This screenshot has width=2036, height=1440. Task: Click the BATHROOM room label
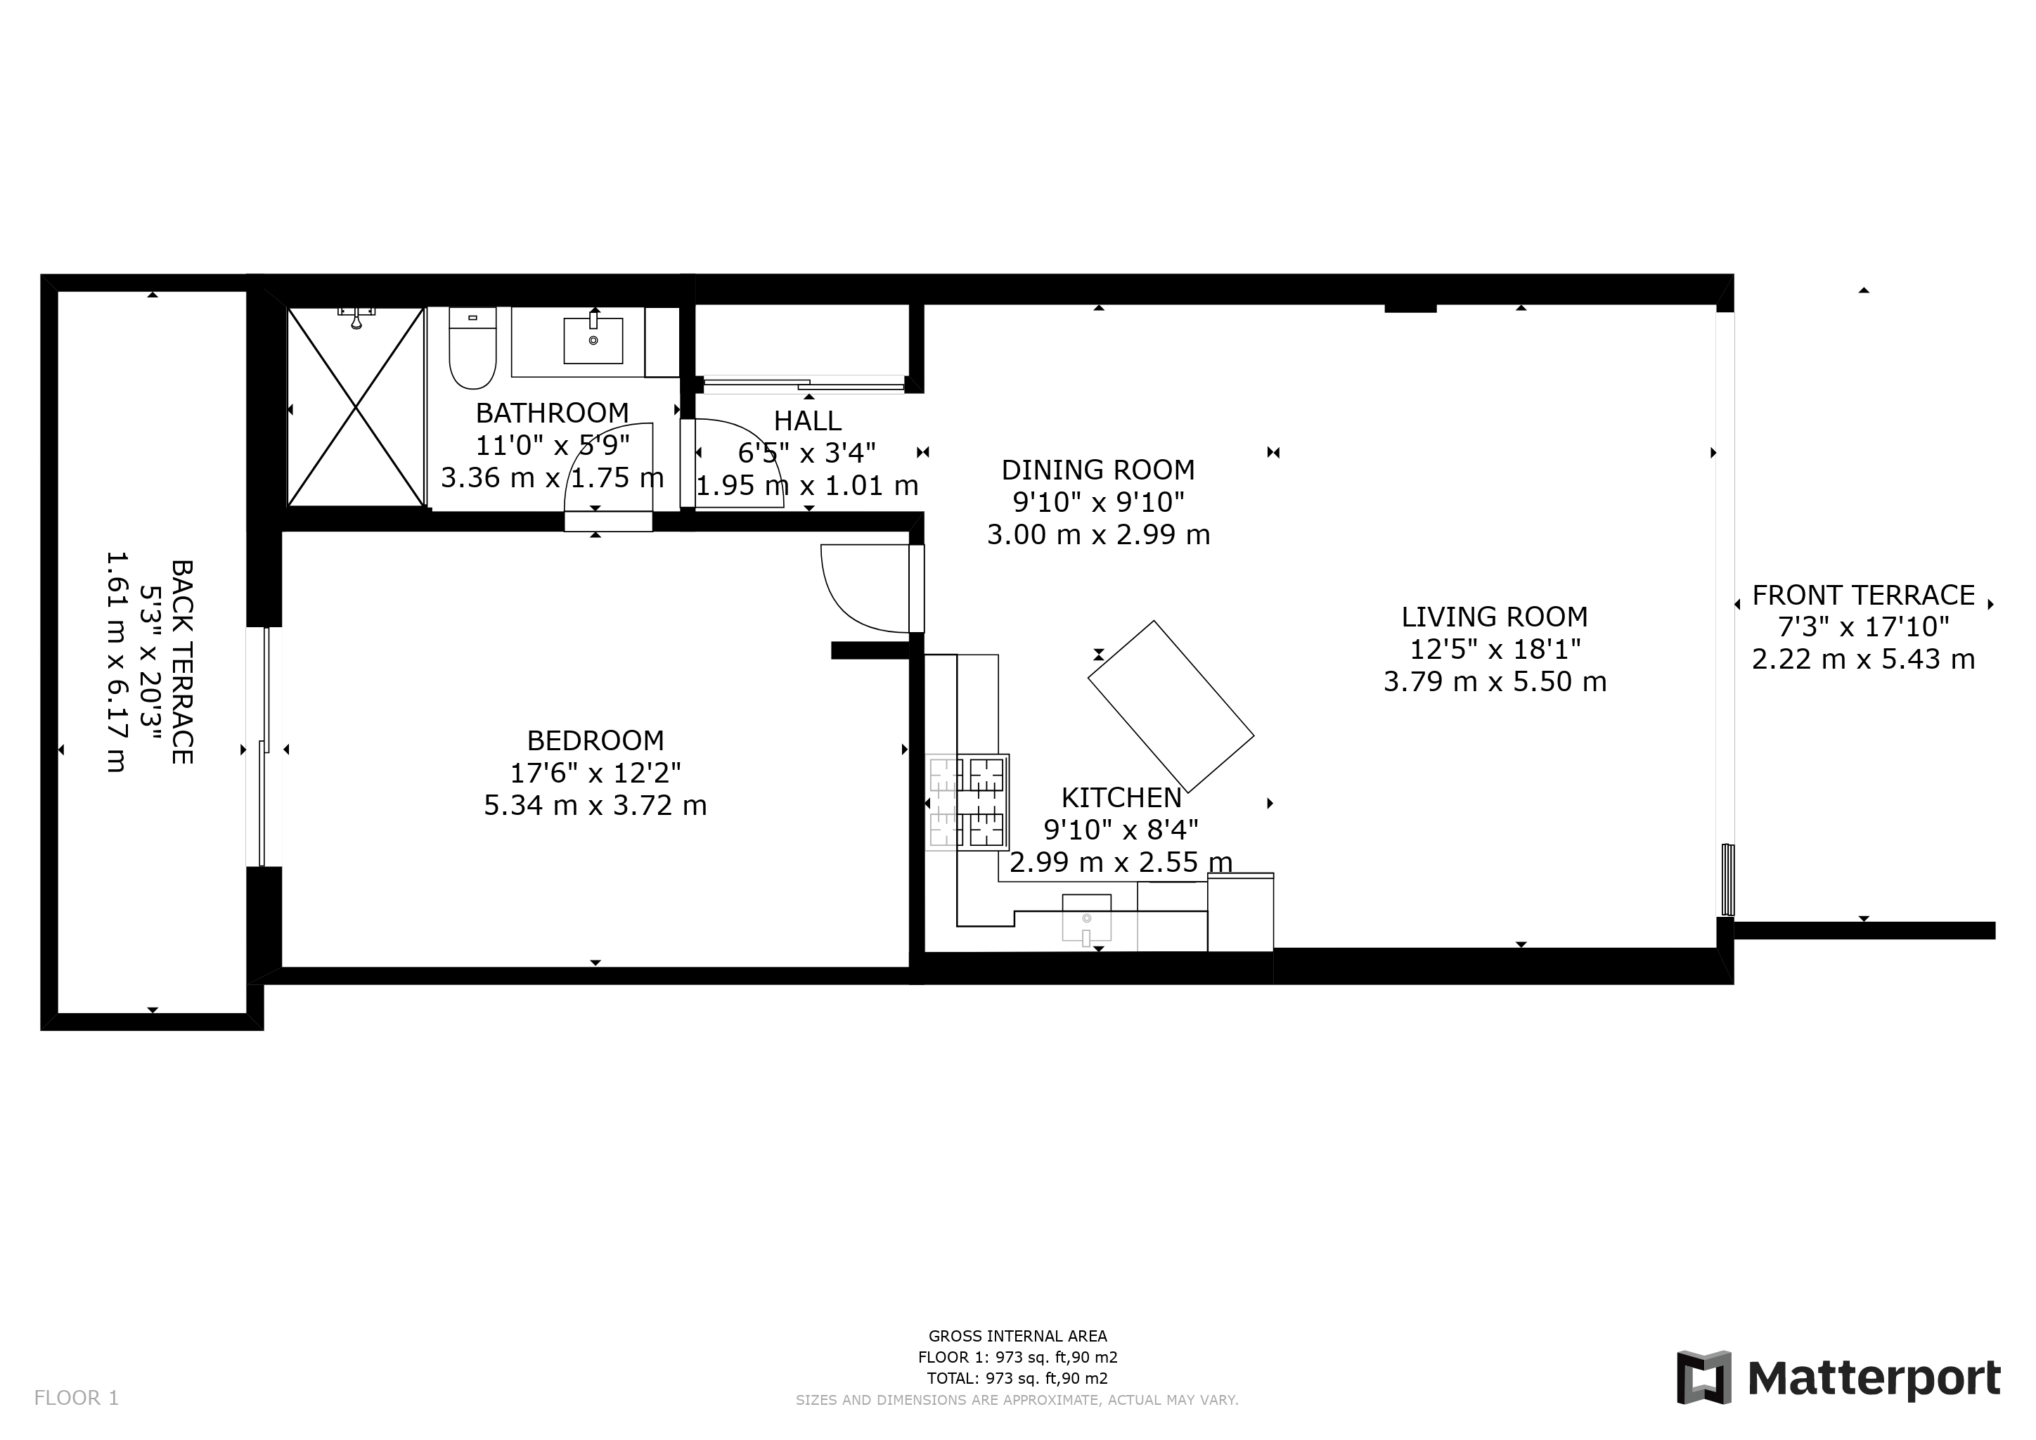point(552,413)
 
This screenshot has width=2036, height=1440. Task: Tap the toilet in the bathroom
point(472,349)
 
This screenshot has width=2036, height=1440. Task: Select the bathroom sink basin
point(593,340)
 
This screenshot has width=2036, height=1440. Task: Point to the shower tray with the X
point(356,407)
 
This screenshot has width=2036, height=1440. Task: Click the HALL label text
point(807,420)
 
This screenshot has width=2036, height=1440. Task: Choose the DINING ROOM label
point(1098,470)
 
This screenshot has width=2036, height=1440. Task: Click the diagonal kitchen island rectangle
point(1171,706)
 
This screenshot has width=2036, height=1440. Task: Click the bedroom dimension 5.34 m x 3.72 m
point(595,806)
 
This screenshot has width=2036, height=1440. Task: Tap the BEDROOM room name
point(595,740)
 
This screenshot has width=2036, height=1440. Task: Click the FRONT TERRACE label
point(1863,595)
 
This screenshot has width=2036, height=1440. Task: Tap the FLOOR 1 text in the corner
point(76,1399)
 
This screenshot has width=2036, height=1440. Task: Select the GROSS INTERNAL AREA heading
point(1017,1336)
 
